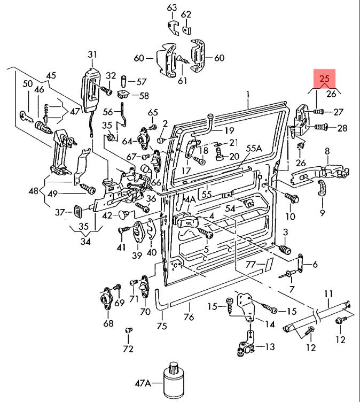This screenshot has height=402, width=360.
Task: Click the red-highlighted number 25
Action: click(324, 78)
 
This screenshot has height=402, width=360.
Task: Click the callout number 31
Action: click(92, 55)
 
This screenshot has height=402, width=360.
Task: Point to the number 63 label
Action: click(172, 7)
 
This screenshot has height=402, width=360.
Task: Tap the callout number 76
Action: click(189, 317)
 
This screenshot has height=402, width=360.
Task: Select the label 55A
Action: click(254, 148)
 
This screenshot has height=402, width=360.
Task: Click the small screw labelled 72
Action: click(129, 330)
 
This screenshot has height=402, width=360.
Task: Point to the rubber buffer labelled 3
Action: click(285, 249)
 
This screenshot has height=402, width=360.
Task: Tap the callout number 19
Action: click(229, 130)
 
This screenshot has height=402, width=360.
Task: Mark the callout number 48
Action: click(34, 191)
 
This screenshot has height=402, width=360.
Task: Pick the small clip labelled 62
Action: click(186, 30)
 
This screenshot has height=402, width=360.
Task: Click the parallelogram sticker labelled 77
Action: click(269, 265)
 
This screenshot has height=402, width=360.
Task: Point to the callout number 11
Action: click(328, 294)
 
